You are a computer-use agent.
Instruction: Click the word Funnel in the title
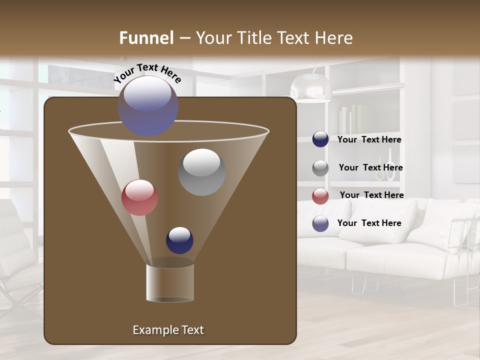pos(146,38)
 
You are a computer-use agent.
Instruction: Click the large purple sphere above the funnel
pos(147,105)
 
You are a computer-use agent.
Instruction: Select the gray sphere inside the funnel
pos(201,171)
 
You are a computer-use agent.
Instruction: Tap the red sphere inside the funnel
pos(139,197)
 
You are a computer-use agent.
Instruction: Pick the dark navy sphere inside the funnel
pos(179,240)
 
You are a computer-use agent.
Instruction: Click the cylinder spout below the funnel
pos(170,281)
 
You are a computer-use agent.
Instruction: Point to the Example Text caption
pos(168,330)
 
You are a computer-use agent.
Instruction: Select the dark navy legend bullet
pos(320,139)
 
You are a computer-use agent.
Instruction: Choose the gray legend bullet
pos(320,168)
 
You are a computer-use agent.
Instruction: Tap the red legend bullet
pos(320,196)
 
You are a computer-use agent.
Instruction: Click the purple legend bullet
pos(320,223)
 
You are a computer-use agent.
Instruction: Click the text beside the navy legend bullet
pos(369,139)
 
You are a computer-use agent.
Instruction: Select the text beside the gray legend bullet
pos(370,167)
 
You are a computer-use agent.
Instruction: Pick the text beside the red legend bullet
pos(371,195)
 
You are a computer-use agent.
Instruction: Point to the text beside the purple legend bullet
pos(369,223)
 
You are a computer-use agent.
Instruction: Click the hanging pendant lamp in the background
pos(311,87)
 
